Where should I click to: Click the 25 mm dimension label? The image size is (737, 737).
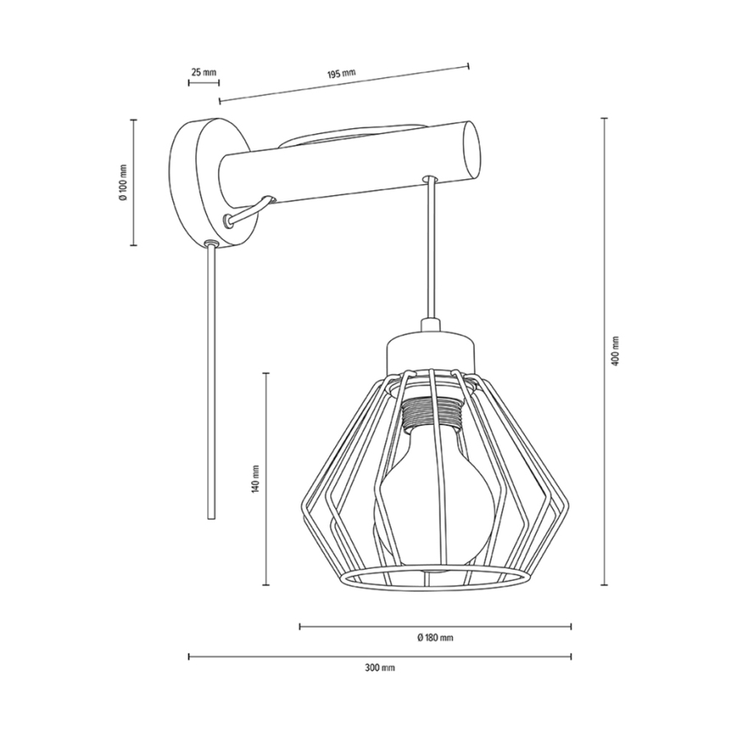tap(203, 72)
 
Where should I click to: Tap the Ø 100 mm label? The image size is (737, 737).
tap(123, 182)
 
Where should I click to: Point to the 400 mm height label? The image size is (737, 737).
tap(616, 351)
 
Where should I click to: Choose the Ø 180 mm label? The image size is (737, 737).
tap(436, 638)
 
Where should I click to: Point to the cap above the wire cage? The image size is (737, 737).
tap(430, 349)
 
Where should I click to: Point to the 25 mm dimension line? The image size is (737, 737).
tap(203, 83)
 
